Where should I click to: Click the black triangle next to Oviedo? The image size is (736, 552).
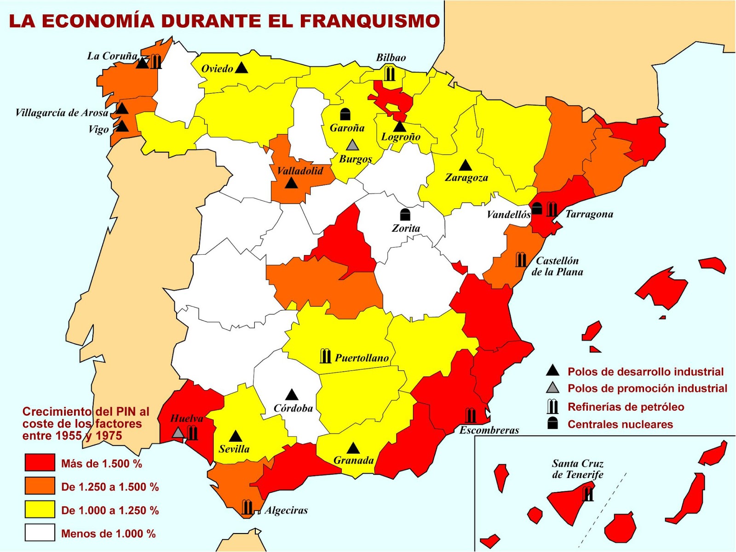coord(241,68)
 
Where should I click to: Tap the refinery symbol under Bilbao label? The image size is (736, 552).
coord(390,73)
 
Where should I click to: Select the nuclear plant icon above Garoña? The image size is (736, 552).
coord(345,114)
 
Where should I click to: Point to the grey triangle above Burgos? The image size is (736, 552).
coord(352,145)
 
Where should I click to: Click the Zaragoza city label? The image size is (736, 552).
coord(466,177)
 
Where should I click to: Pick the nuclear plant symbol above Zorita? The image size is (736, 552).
coord(405,214)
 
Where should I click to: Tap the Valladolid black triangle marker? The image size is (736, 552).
coord(291,183)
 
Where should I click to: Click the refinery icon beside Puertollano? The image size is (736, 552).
coord(325,356)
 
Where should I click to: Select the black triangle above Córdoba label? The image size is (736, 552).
coord(292,395)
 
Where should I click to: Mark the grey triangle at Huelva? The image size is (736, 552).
coord(178,432)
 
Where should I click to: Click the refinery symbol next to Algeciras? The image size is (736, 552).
coord(247,507)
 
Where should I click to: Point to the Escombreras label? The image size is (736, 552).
coord(489,430)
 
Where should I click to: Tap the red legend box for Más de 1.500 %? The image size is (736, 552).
coord(40,463)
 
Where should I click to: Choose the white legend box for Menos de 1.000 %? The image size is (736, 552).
coord(40,533)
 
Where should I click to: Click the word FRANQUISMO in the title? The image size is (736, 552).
coord(369,21)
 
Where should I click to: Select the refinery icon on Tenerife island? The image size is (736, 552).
coord(588,494)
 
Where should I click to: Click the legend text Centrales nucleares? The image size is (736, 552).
coord(620,424)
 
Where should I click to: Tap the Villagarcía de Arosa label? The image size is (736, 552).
coord(62,113)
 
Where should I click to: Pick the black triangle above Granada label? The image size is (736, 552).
coord(353,448)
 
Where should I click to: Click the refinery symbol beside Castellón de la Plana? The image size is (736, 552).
coord(521,260)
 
